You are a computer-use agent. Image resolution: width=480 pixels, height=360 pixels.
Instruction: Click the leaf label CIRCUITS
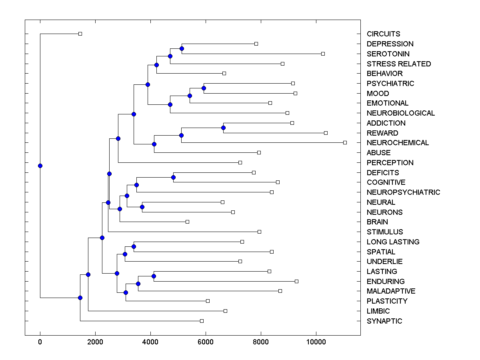pyautogui.click(x=383, y=34)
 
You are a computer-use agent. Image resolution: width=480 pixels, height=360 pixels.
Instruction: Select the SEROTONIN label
pyautogui.click(x=388, y=54)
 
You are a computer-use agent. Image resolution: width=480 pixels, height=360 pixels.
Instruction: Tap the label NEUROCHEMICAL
pyautogui.click(x=398, y=143)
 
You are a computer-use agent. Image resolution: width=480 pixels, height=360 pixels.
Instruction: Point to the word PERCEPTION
pyautogui.click(x=390, y=163)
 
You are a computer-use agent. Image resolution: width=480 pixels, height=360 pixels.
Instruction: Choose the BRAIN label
pyautogui.click(x=377, y=222)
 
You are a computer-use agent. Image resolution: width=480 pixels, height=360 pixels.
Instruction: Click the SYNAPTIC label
pyautogui.click(x=384, y=321)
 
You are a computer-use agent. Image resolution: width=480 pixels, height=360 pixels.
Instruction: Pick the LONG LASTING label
pyautogui.click(x=393, y=242)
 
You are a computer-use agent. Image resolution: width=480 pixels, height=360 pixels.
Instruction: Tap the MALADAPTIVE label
pyautogui.click(x=391, y=291)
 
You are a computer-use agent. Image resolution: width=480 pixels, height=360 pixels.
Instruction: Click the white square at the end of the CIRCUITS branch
pyautogui.click(x=80, y=34)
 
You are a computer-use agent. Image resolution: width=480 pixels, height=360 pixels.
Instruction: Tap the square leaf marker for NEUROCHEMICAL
pyautogui.click(x=345, y=142)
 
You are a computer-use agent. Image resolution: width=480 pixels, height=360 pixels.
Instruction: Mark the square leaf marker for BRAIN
pyautogui.click(x=187, y=222)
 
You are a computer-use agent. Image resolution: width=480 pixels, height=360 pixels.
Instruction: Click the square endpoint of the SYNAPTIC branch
pyautogui.click(x=202, y=321)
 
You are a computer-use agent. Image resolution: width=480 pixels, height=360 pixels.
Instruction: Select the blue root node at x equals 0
pyautogui.click(x=40, y=166)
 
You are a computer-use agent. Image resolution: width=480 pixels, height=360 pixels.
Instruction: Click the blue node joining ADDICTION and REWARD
pyautogui.click(x=223, y=128)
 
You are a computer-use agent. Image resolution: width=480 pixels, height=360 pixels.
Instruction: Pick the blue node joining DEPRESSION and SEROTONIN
pyautogui.click(x=182, y=48)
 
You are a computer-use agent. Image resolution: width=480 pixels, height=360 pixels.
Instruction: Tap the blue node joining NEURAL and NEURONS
pyautogui.click(x=142, y=207)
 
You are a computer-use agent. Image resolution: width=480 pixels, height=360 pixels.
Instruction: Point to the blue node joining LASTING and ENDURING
pyautogui.click(x=154, y=276)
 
